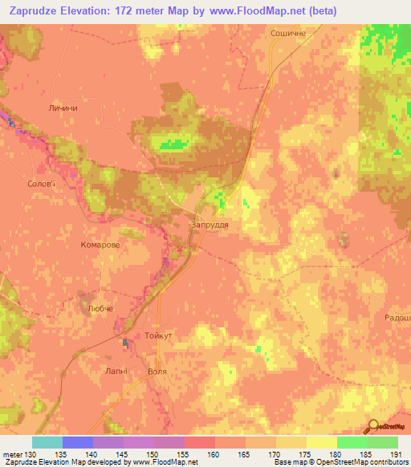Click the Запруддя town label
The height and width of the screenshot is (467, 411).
[x=210, y=225]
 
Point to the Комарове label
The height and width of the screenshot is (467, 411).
[x=100, y=245]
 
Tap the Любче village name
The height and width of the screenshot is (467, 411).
[x=100, y=308]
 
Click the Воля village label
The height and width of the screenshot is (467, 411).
[x=158, y=372]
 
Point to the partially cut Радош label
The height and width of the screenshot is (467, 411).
[x=397, y=318]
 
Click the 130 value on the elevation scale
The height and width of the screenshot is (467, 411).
[x=30, y=455]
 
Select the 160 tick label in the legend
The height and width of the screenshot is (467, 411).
[x=214, y=455]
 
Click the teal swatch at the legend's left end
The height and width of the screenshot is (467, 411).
[x=47, y=442]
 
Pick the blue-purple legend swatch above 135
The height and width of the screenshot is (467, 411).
[x=78, y=442]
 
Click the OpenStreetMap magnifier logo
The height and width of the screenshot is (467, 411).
[x=373, y=427]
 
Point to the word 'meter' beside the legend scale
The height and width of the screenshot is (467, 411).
[x=12, y=455]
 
